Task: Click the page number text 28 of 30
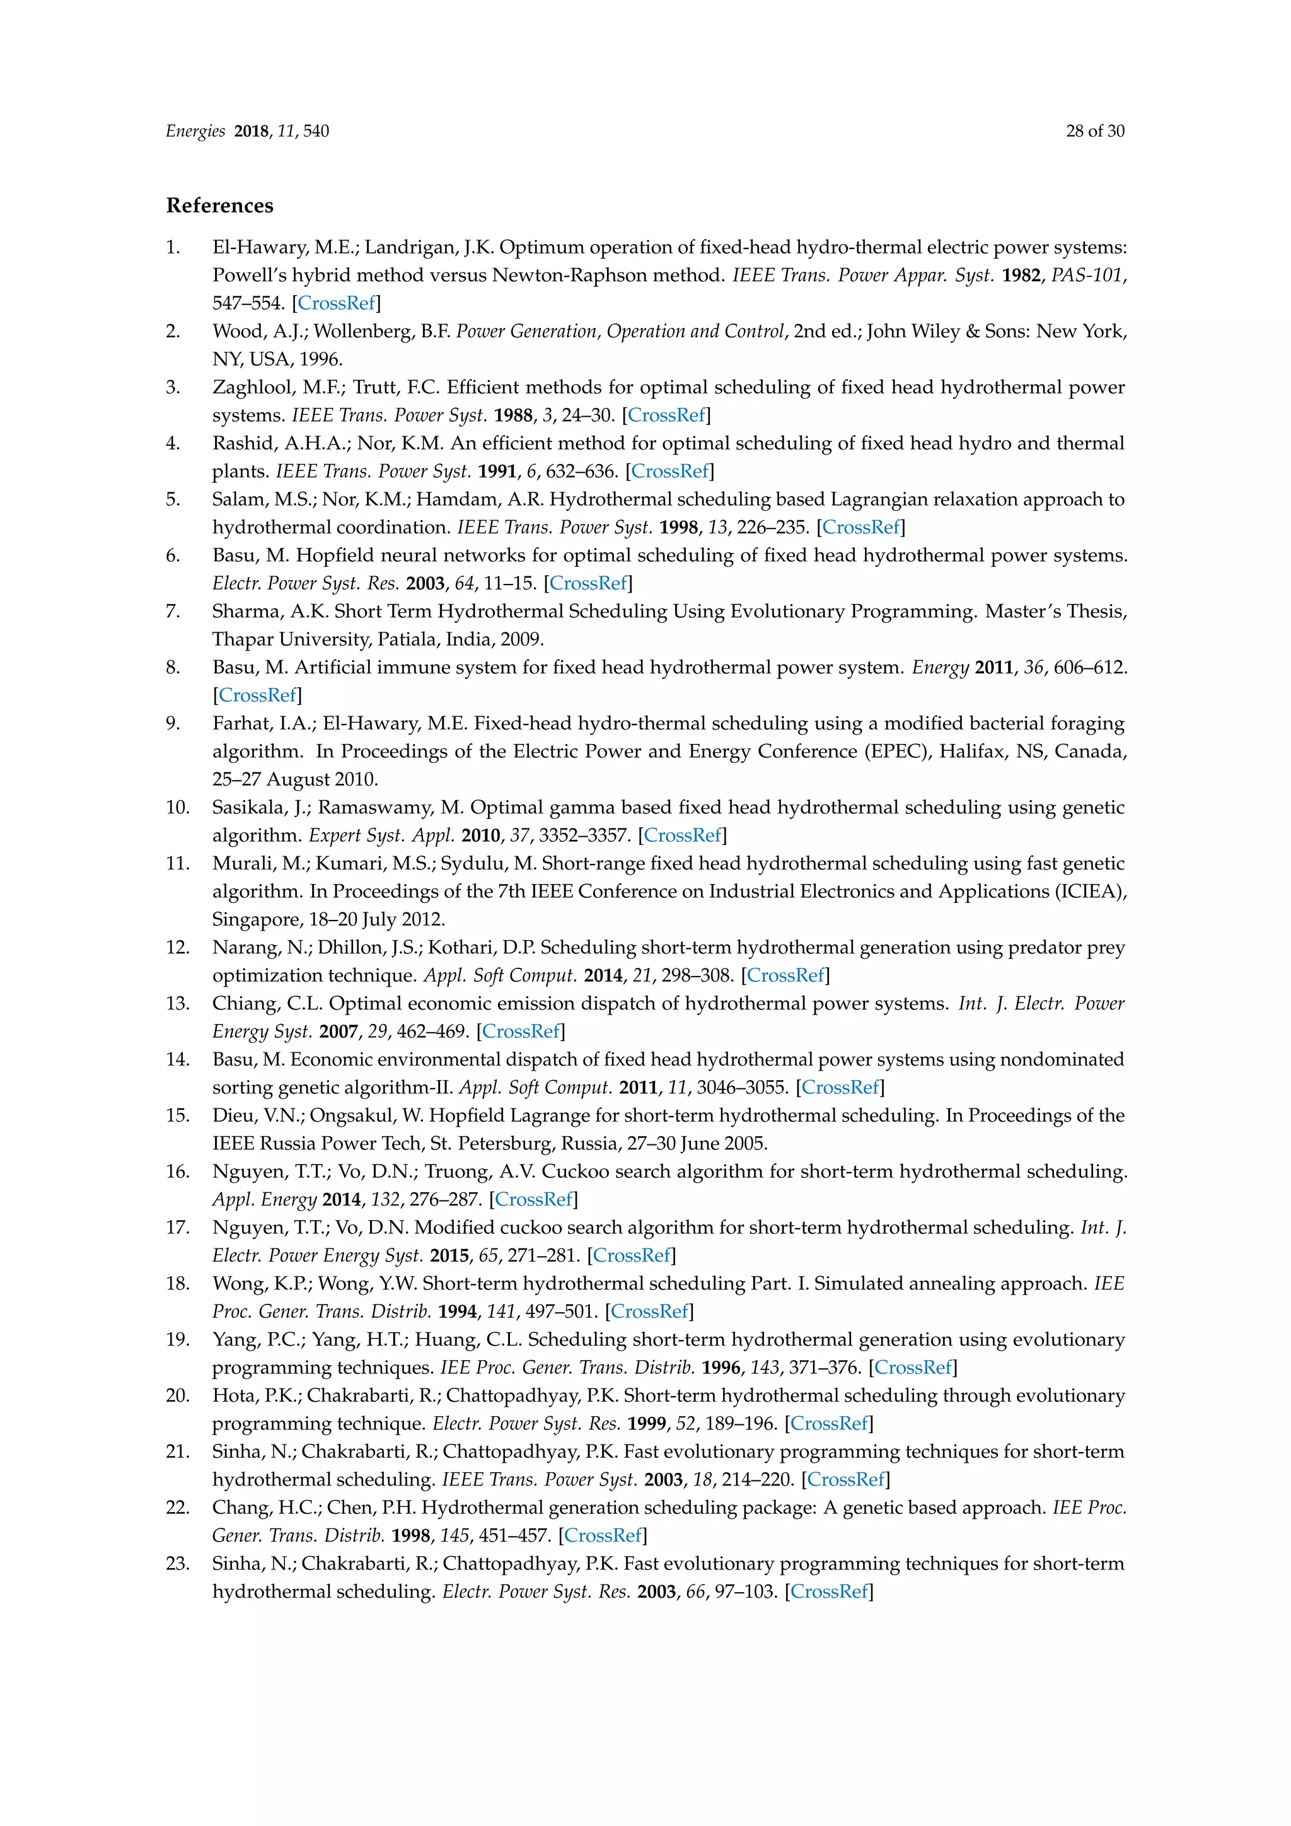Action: coord(1095,131)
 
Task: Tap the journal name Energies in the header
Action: coord(195,131)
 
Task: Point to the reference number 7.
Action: coord(173,612)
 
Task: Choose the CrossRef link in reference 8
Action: coord(258,695)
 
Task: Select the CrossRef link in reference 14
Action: coord(840,1087)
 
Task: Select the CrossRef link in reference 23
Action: coord(829,1591)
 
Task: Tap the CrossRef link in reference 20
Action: coord(829,1424)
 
